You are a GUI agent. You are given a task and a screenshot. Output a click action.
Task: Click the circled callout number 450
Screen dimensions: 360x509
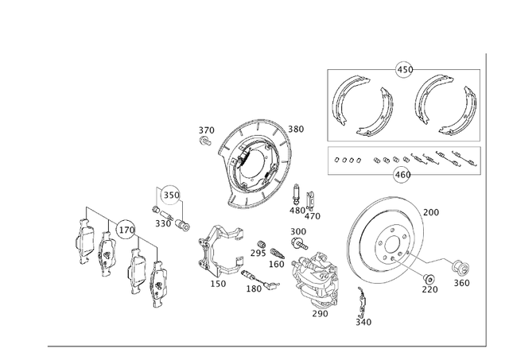404,69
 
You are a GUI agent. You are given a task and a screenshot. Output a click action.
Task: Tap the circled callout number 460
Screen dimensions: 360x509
402,174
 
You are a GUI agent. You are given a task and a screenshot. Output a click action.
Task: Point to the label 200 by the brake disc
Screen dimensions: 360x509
430,212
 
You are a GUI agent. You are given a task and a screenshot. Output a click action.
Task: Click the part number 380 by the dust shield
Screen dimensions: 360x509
296,130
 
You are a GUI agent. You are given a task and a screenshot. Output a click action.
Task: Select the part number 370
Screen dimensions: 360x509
206,130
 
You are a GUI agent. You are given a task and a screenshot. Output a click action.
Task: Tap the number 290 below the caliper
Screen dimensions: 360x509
320,314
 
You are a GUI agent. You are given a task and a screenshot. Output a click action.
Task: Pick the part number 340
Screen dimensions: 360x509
363,322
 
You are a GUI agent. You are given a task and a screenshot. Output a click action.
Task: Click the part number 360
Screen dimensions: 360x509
461,283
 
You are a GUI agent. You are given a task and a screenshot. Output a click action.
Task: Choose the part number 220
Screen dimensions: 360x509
429,290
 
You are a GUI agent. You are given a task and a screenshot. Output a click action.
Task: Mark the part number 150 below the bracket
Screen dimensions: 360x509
218,284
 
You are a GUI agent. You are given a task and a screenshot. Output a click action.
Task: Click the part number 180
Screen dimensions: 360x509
254,288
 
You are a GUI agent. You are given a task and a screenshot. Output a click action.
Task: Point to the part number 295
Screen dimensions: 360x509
258,253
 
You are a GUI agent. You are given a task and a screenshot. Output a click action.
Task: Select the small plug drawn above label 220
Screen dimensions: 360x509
428,277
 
